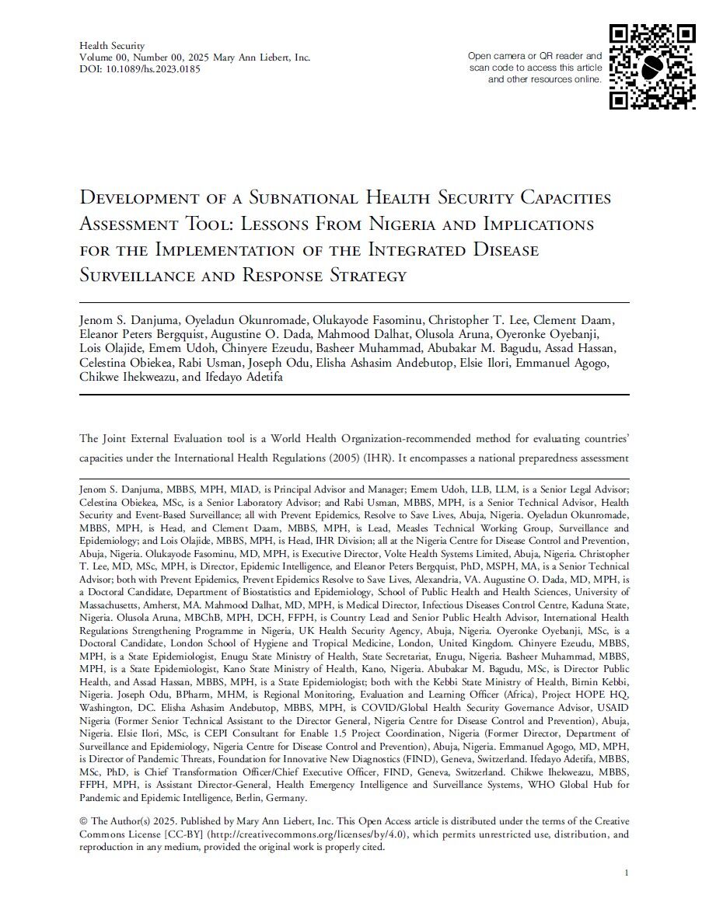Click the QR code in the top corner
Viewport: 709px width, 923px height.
pos(652,67)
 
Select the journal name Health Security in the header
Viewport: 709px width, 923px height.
pos(112,46)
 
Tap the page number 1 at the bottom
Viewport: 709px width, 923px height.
pos(626,874)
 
